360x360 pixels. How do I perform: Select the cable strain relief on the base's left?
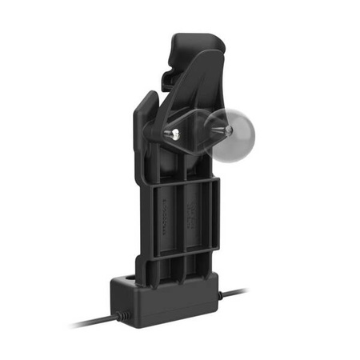(119, 316)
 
